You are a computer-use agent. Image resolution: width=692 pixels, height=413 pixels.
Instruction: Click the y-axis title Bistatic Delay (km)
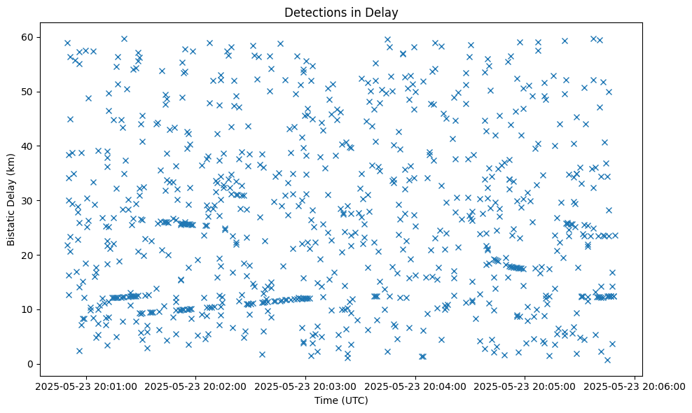pos(12,190)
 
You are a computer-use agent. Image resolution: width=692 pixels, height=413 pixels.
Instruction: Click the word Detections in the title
pos(311,12)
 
